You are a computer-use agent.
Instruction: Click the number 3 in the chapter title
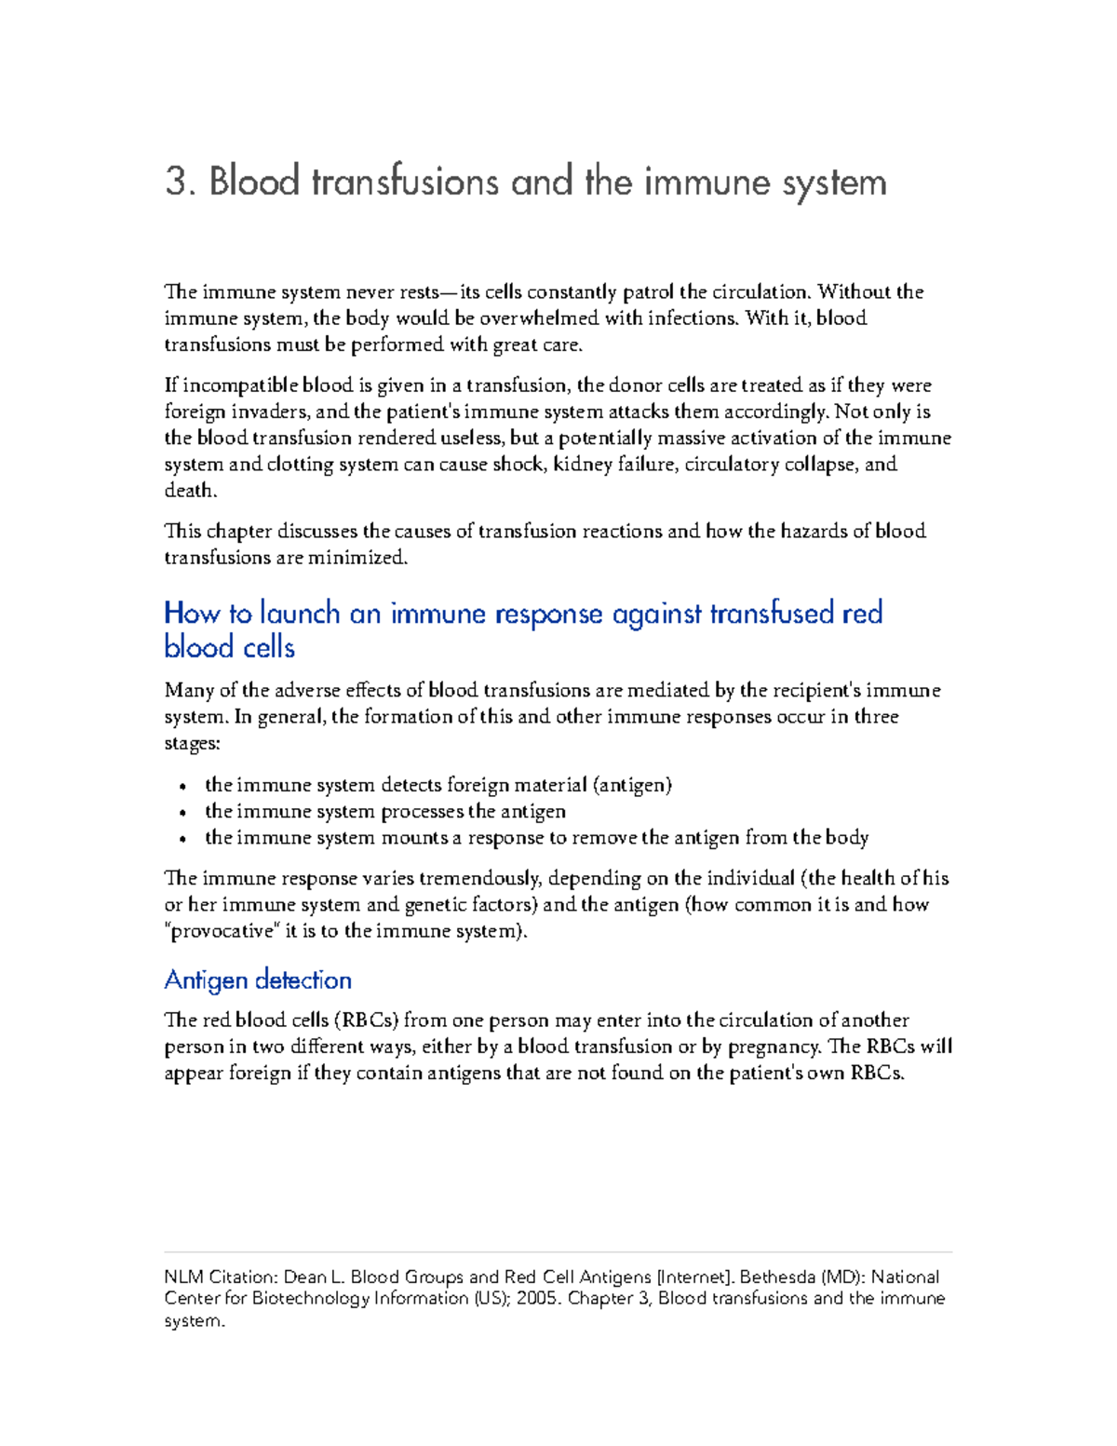(177, 182)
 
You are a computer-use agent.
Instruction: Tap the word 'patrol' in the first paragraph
(648, 292)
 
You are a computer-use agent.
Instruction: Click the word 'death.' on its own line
(191, 491)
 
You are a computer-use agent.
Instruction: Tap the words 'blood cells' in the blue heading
(229, 647)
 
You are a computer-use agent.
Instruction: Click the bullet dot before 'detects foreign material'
(184, 787)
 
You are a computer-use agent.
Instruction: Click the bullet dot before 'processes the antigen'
(184, 813)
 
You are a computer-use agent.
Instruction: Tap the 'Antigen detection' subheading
(258, 980)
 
